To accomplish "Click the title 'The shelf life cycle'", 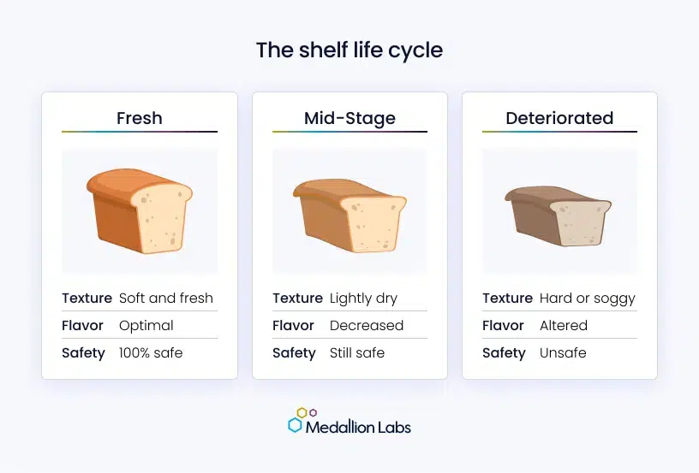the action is click(x=349, y=50).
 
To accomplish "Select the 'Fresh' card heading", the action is click(x=140, y=118).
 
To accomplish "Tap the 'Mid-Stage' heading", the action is click(x=350, y=118).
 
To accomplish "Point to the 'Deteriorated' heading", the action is click(x=559, y=118).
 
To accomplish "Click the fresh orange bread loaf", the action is click(x=140, y=211).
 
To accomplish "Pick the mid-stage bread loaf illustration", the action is click(x=350, y=216).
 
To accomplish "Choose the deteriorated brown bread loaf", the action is click(x=559, y=216).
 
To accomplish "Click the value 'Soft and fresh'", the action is click(x=166, y=299).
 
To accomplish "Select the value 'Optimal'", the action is click(x=146, y=326).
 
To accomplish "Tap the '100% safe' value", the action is click(x=151, y=353).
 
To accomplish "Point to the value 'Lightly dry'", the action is click(x=363, y=299).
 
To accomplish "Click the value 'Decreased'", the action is click(x=367, y=326).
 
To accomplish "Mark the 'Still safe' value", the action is click(x=357, y=353).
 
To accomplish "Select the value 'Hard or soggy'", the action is click(x=587, y=299).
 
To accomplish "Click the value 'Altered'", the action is click(x=564, y=326).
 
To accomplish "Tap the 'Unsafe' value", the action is click(x=563, y=353).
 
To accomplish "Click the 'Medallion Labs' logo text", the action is click(x=358, y=428).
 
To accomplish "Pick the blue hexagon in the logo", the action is click(x=295, y=425).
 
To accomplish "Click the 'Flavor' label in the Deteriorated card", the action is click(x=503, y=326).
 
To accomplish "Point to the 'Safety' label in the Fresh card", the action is click(x=83, y=353).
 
